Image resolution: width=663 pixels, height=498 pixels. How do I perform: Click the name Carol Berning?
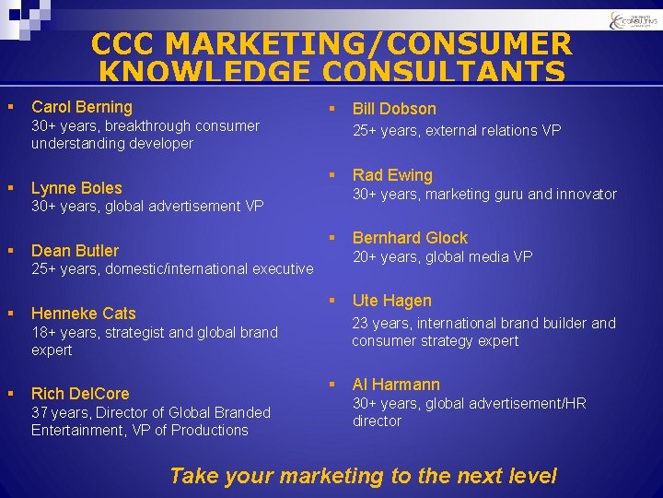[82, 107]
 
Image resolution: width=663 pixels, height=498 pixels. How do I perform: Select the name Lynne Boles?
[76, 188]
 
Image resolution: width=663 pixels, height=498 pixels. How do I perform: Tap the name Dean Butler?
[75, 251]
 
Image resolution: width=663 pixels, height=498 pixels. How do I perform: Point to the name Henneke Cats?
[83, 314]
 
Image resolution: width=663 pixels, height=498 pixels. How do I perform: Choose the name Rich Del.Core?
[80, 394]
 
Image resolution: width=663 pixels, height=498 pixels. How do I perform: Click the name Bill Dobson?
[394, 109]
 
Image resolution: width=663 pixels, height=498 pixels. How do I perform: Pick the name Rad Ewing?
[392, 175]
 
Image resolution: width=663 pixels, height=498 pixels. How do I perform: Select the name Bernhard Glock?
[410, 238]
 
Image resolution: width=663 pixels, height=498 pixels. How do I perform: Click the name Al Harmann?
[396, 385]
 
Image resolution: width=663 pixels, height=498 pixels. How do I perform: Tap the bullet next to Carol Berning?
[10, 107]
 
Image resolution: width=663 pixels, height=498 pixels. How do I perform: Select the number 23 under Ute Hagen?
[361, 323]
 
